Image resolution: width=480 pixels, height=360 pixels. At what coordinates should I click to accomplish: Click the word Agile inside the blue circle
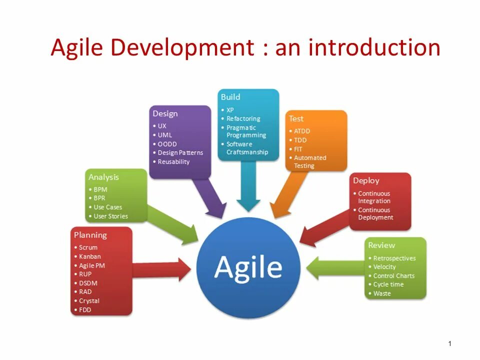click(248, 267)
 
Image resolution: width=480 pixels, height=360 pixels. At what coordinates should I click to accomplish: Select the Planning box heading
click(90, 235)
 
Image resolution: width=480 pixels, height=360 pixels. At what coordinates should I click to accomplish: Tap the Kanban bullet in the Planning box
click(89, 256)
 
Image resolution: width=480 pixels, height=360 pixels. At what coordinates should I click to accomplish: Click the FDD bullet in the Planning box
click(85, 309)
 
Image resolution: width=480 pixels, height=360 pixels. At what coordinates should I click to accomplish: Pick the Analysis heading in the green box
click(103, 177)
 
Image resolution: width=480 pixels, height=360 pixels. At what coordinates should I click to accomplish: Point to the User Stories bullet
click(110, 216)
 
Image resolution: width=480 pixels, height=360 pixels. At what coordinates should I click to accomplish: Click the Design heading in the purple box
click(165, 113)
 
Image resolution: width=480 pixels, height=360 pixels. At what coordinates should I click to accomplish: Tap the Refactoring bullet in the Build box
click(243, 118)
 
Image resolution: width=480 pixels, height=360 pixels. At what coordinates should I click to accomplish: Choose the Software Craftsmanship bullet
click(247, 148)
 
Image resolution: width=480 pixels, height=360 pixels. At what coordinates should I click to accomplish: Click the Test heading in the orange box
click(296, 118)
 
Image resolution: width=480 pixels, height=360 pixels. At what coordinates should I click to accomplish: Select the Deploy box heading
click(366, 180)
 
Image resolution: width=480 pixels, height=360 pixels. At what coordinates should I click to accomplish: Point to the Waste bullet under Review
click(382, 293)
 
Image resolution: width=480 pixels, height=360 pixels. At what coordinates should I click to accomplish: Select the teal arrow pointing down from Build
click(248, 185)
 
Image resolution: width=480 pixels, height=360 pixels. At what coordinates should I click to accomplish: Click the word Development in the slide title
click(182, 48)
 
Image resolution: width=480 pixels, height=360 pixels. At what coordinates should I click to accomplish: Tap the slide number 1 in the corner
click(450, 343)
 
